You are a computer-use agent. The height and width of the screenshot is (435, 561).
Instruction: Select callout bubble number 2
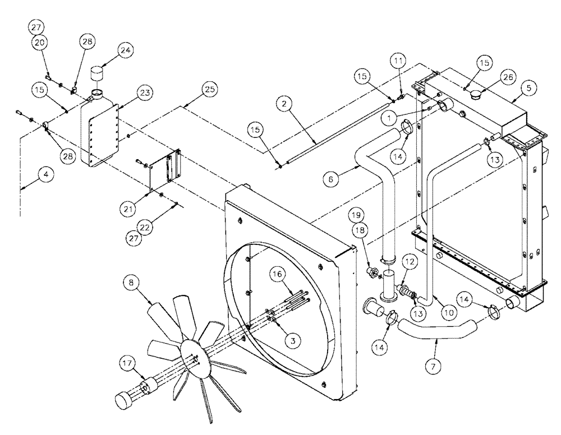click(284, 104)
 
